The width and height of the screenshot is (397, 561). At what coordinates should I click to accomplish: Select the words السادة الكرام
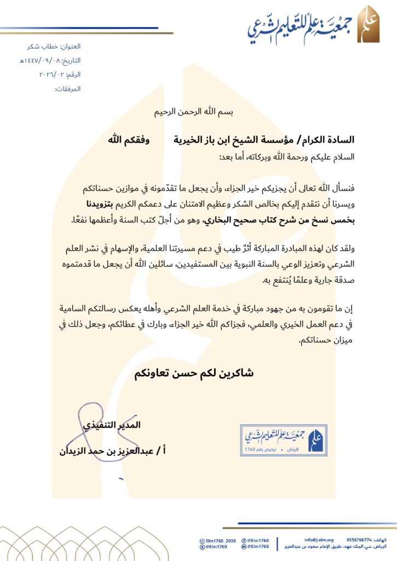click(x=331, y=140)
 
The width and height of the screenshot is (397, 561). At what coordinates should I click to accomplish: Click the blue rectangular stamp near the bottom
click(x=284, y=439)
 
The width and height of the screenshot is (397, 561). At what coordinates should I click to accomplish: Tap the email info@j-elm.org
click(x=319, y=540)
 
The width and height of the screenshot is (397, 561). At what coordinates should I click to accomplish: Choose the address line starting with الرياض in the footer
click(x=339, y=547)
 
